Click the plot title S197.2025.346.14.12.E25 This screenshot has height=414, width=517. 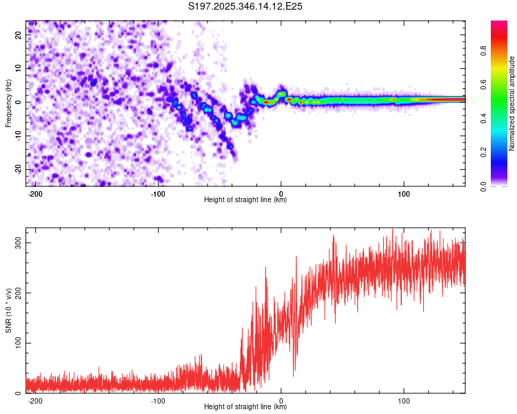[246, 7]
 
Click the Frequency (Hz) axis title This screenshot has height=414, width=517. [8, 103]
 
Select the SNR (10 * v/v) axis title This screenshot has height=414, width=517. [8, 312]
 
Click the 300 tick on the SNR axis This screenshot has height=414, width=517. [18, 244]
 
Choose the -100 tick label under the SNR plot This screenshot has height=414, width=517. [158, 400]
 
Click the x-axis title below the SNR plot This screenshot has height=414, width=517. [245, 408]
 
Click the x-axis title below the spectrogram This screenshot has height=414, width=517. [245, 200]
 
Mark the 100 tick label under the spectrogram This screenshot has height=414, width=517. [403, 193]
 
